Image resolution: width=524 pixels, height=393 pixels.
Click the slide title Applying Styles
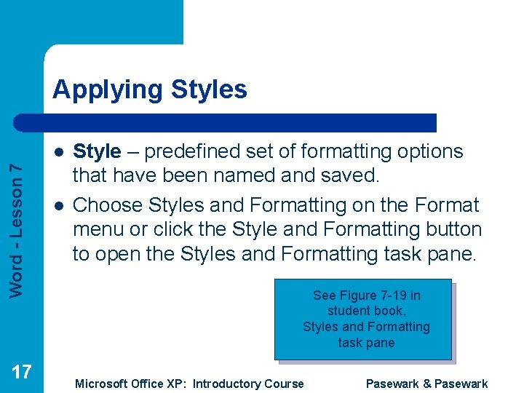coord(150,90)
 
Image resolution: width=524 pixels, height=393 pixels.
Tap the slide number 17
coord(22,372)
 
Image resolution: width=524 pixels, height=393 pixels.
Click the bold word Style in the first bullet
coord(97,151)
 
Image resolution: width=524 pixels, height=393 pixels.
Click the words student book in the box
coord(365,311)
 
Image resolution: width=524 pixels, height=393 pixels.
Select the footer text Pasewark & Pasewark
coord(426,384)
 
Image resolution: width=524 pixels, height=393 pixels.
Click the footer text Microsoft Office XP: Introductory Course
coord(189,384)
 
